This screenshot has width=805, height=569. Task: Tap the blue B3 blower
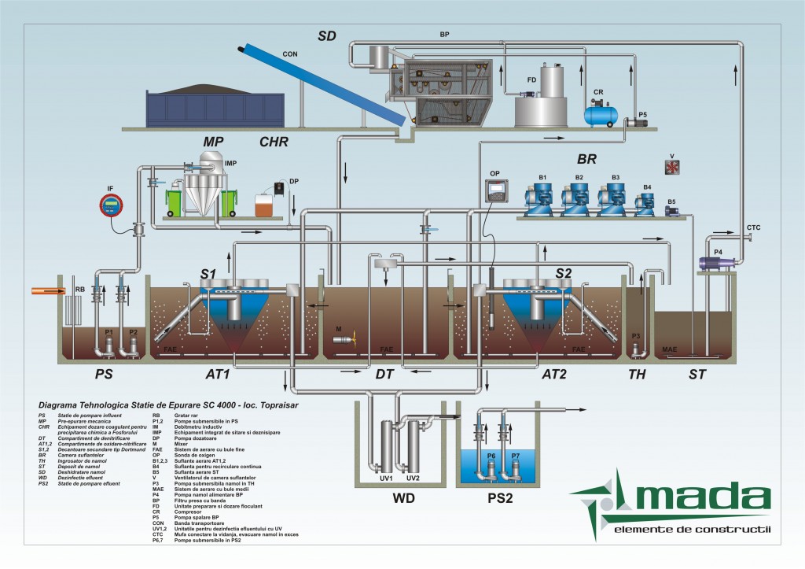point(614,200)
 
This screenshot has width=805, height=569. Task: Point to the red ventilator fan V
point(672,166)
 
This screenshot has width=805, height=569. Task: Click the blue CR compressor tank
point(601,115)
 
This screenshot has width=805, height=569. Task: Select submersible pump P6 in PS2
point(492,467)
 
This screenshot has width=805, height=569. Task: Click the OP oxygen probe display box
point(495,190)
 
